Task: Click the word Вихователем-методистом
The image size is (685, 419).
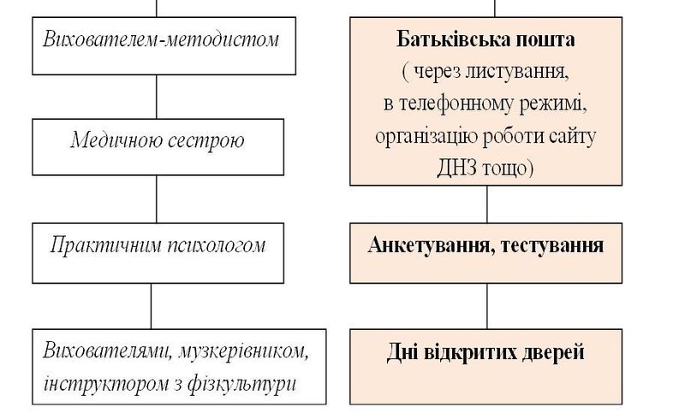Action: point(161,39)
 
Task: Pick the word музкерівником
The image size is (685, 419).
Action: point(243,351)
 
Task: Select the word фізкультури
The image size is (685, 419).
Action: point(242,385)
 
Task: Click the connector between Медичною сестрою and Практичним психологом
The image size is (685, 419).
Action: point(157,199)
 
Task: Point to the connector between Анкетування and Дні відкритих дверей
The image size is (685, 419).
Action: point(487,306)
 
